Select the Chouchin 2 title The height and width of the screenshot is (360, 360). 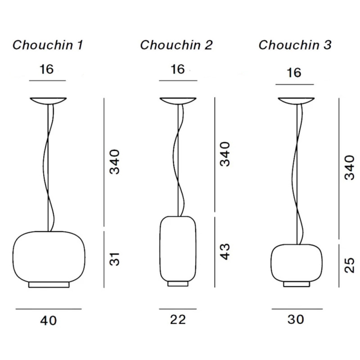(176, 45)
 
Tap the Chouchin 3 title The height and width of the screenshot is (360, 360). (295, 45)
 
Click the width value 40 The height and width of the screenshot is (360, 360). (49, 321)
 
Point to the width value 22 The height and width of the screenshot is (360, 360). (178, 319)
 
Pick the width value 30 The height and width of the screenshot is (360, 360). (295, 319)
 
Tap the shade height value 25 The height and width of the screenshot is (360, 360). (349, 265)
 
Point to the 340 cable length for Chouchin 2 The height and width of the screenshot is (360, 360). (225, 154)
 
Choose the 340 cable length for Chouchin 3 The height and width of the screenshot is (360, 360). (349, 167)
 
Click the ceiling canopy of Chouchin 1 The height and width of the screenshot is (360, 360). (48, 101)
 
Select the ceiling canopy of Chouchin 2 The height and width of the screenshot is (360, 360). (178, 101)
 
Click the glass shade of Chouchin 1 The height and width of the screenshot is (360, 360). (49, 256)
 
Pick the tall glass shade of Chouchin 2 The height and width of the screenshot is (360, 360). (178, 247)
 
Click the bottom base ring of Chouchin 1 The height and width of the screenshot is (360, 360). (49, 285)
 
